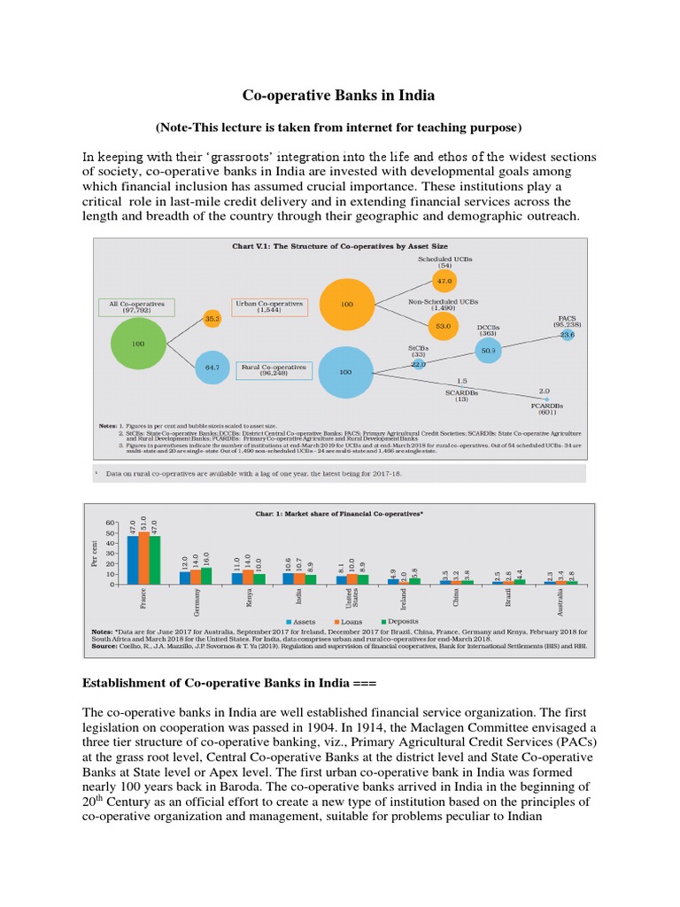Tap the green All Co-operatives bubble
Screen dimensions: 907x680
[x=137, y=343]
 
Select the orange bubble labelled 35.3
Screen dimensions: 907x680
[x=212, y=317]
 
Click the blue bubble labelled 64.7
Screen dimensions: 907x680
[x=212, y=366]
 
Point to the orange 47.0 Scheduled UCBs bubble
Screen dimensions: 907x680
[x=443, y=281]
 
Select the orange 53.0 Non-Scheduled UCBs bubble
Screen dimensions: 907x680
[x=443, y=326]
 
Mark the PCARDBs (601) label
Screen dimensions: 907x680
[x=545, y=406]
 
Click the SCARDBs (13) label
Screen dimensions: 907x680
[x=462, y=395]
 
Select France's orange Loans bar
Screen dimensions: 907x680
[x=144, y=558]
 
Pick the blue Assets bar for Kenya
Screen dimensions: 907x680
[x=236, y=578]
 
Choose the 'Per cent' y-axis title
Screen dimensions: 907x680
[x=94, y=554]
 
